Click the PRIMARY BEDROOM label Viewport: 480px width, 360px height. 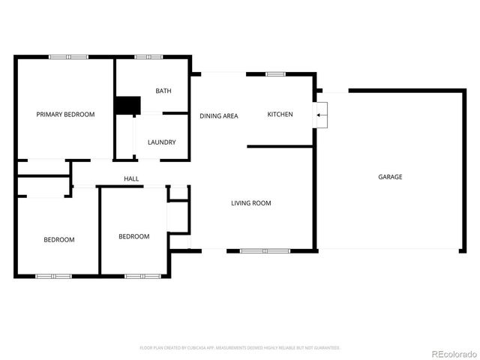66,114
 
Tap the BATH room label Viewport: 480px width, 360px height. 163,91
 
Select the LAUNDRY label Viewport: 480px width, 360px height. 162,142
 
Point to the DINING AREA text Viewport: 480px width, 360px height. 219,115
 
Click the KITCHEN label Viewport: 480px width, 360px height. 280,114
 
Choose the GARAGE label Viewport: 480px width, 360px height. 390,177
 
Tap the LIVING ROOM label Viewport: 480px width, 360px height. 251,202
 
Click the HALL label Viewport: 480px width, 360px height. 132,178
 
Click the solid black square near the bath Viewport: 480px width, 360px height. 127,106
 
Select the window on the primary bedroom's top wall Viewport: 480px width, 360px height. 69,57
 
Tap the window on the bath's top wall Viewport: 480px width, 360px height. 149,57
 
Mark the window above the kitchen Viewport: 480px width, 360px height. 275,73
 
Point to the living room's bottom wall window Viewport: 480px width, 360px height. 264,250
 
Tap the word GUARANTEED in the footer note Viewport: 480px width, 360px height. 324,348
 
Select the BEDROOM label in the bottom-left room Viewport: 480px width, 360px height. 58,239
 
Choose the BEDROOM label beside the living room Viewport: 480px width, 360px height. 133,236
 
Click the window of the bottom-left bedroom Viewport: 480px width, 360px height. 54,276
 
